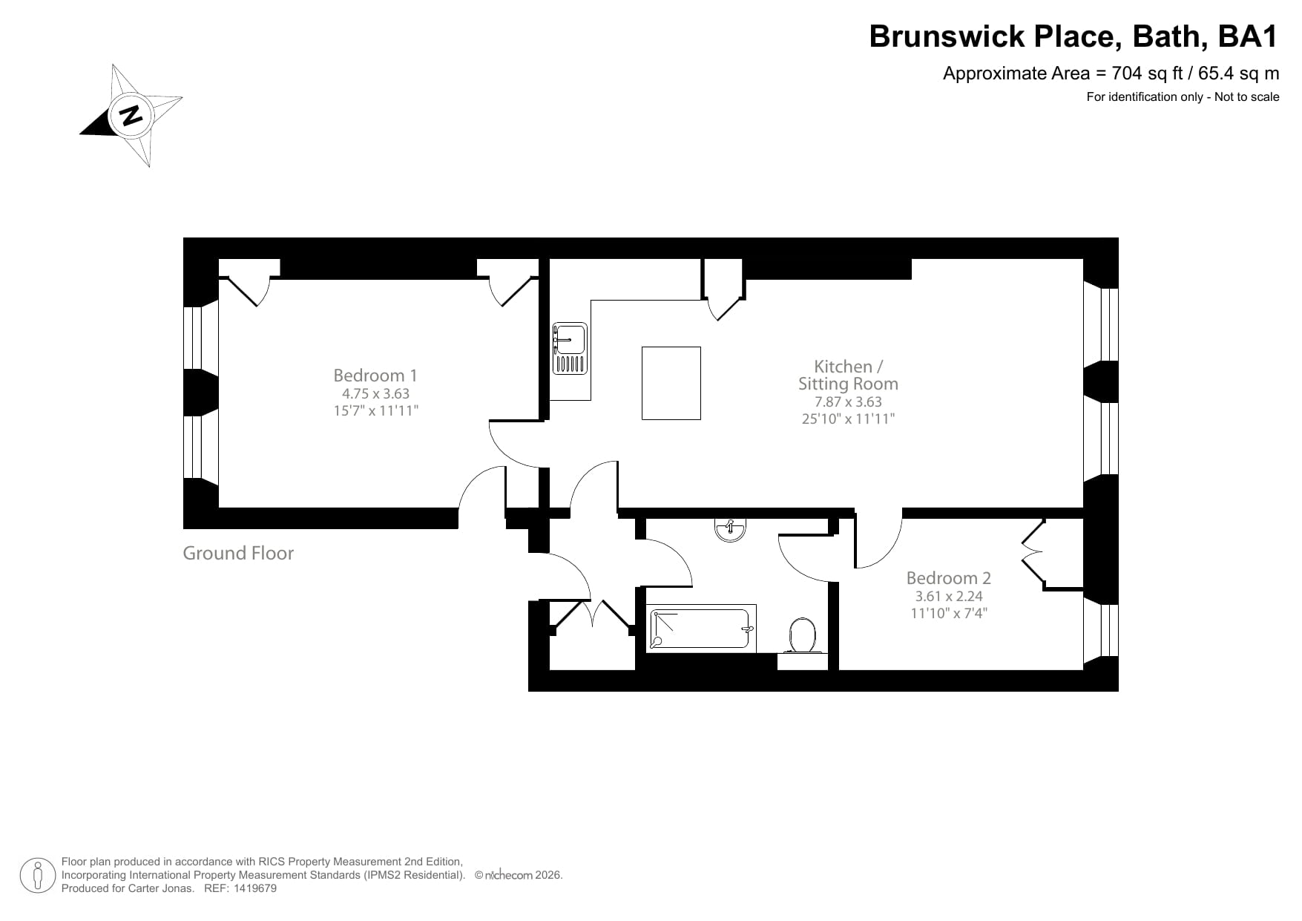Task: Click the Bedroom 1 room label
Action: pyautogui.click(x=375, y=376)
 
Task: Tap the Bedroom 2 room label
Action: pyautogui.click(x=948, y=578)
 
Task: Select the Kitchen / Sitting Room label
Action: pyautogui.click(x=848, y=376)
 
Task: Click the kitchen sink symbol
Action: pyautogui.click(x=569, y=348)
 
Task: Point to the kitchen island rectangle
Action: pyautogui.click(x=671, y=383)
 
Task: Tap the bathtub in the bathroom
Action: pyautogui.click(x=701, y=629)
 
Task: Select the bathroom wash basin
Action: pyautogui.click(x=730, y=530)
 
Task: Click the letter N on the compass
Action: pyautogui.click(x=131, y=115)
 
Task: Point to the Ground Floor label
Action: pyautogui.click(x=238, y=554)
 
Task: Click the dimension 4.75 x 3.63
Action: pyautogui.click(x=375, y=394)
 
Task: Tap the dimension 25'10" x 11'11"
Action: pyautogui.click(x=848, y=419)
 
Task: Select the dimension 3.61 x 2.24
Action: pyautogui.click(x=948, y=596)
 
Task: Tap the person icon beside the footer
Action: pyautogui.click(x=37, y=876)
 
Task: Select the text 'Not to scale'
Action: pyautogui.click(x=1246, y=96)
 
